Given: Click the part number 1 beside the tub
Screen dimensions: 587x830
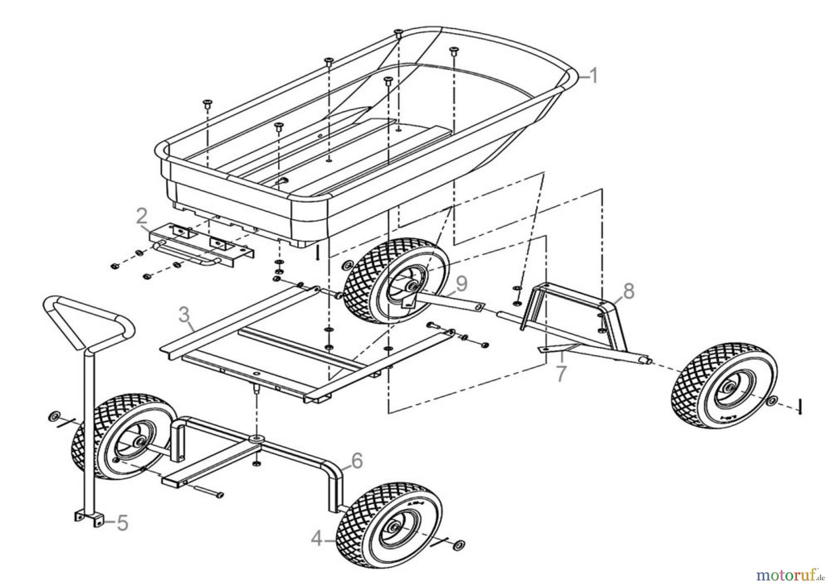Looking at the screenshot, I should coord(593,76).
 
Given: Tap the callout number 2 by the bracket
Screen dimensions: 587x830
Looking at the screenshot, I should coord(142,216).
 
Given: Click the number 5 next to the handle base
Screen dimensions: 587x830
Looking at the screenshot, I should coord(122,523).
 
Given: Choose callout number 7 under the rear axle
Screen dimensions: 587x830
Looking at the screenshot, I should coord(560,373).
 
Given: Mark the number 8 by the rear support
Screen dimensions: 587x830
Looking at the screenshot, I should coord(628,291).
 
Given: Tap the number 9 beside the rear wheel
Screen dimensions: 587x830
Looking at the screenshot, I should coord(461,284).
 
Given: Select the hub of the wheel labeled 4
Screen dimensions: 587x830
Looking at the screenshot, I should coord(395,527).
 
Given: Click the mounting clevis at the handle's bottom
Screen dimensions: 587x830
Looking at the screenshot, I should coord(88,516).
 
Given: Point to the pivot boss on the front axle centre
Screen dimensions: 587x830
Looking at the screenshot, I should coord(255,437).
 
